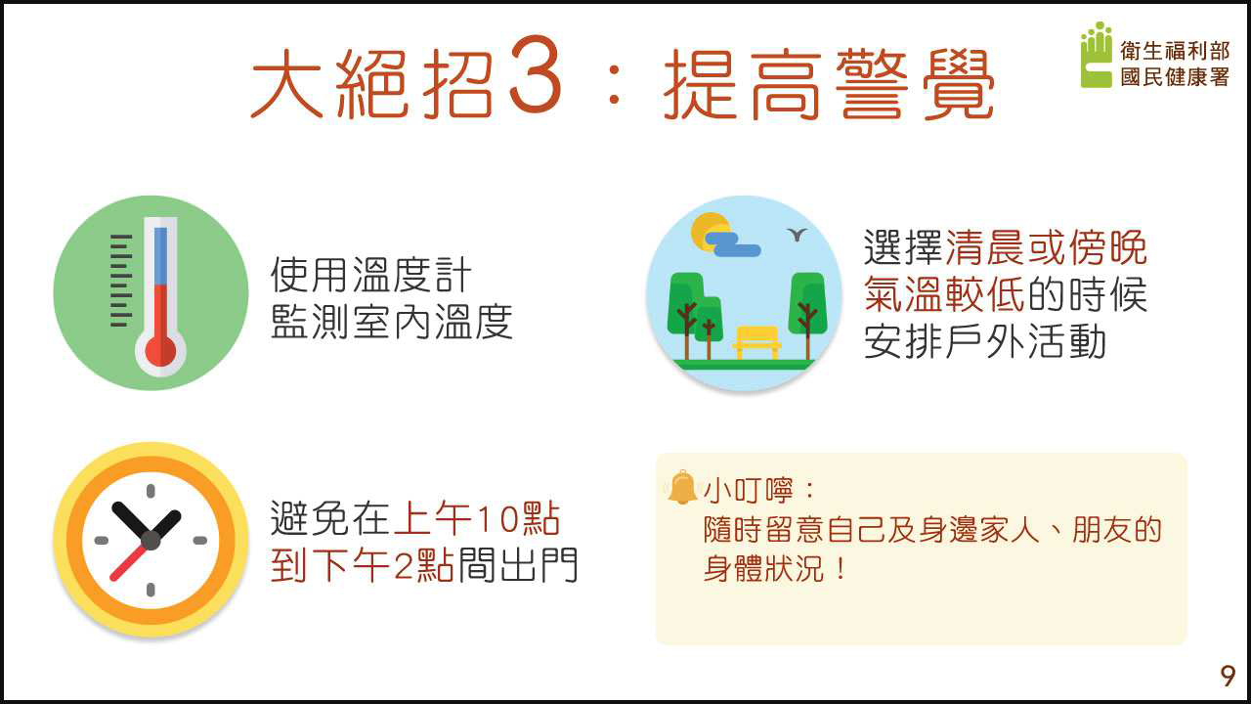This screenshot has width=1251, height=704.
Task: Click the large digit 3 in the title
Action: tap(535, 73)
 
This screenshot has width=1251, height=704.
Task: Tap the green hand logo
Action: tap(1097, 55)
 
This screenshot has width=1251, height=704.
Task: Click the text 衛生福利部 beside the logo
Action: tap(1175, 51)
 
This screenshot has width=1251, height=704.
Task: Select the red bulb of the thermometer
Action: tap(160, 351)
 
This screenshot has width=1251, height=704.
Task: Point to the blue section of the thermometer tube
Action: tap(160, 256)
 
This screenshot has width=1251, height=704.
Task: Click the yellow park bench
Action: tap(756, 342)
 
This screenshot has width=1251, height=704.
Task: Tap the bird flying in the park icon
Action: tap(797, 234)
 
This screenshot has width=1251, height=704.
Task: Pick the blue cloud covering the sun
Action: tap(732, 244)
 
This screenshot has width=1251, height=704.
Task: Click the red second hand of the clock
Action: tap(130, 562)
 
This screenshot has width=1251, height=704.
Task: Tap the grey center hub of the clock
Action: tap(151, 541)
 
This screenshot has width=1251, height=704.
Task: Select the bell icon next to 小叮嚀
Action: tap(682, 487)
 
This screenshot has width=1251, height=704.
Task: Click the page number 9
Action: tap(1228, 676)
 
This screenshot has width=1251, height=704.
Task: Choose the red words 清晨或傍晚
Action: tap(1046, 247)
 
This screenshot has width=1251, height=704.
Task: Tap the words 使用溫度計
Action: tap(370, 275)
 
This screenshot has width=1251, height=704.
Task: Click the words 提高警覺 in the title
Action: tap(829, 84)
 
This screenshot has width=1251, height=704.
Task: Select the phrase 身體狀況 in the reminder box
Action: tap(763, 569)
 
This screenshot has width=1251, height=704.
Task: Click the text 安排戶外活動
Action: tap(985, 341)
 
